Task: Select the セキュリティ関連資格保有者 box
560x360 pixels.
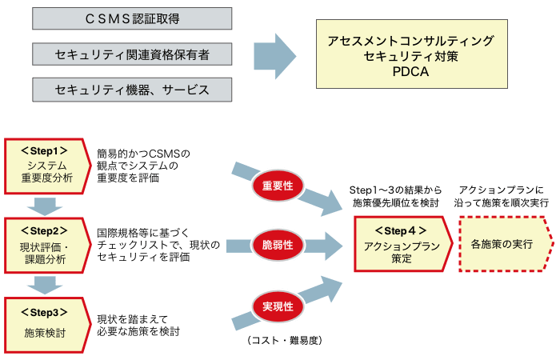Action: (x=133, y=54)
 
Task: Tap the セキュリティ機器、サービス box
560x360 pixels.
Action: (x=133, y=90)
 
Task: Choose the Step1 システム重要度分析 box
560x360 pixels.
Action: (x=45, y=164)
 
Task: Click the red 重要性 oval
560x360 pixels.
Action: (x=277, y=185)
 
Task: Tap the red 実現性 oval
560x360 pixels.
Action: (x=277, y=306)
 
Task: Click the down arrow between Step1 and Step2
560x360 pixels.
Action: (x=45, y=205)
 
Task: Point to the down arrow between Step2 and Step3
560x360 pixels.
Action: (x=45, y=284)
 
